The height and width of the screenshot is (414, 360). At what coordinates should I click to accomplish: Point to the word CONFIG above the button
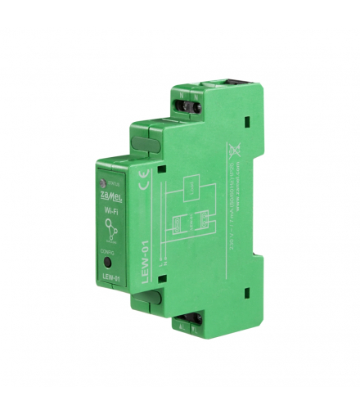coord(110,253)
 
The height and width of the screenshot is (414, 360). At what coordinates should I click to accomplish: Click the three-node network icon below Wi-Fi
coord(110,233)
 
